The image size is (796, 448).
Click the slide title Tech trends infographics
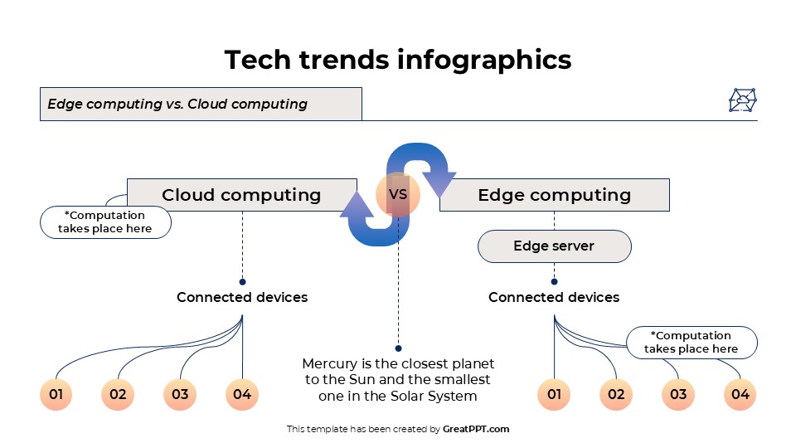click(x=398, y=60)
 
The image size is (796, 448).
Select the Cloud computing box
click(x=241, y=195)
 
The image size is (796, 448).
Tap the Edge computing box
click(x=554, y=195)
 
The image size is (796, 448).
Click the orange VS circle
click(x=398, y=195)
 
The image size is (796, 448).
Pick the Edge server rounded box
click(x=554, y=246)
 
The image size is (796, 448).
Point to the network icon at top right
click(x=743, y=100)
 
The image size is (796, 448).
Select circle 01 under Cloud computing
click(x=56, y=394)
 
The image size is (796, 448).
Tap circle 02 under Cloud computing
click(x=118, y=394)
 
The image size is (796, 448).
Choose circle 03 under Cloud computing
click(x=180, y=394)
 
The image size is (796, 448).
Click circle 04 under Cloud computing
click(x=242, y=394)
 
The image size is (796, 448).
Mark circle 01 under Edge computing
click(x=554, y=394)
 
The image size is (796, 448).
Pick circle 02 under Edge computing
click(x=616, y=394)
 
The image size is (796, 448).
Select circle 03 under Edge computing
click(x=678, y=394)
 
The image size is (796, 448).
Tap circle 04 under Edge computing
click(x=740, y=394)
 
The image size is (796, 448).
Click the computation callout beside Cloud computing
click(x=105, y=222)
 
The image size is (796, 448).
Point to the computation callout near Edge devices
click(x=691, y=343)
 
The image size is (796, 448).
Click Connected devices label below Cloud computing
click(x=242, y=297)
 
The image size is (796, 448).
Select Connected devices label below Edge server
click(x=554, y=297)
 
